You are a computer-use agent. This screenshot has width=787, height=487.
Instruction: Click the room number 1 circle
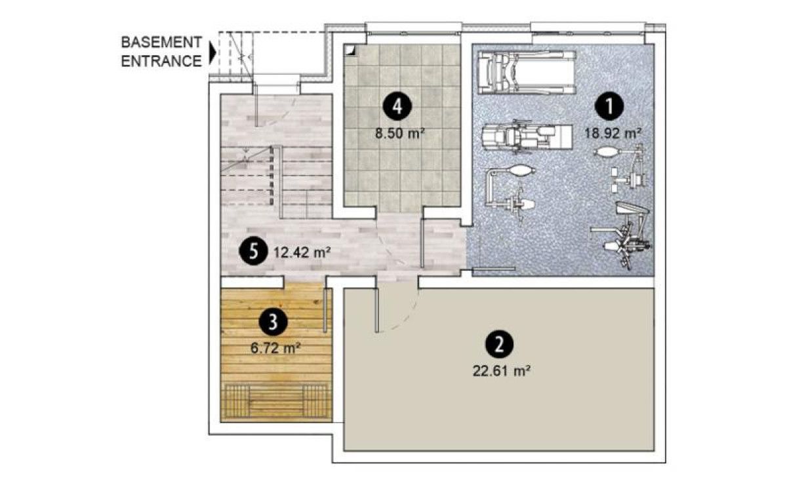(609, 106)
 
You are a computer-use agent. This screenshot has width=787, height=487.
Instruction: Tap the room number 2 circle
(499, 345)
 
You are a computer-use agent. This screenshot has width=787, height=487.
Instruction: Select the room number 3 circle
(273, 322)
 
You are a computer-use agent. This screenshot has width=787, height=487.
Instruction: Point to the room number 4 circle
(397, 107)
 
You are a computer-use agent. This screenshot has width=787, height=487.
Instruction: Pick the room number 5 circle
(253, 252)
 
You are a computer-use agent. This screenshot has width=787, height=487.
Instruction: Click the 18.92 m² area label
(613, 134)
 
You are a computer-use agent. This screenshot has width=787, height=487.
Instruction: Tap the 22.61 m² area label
(501, 371)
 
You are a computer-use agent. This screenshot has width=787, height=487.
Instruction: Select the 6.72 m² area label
(275, 348)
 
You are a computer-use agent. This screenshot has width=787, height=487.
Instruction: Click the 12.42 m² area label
(302, 252)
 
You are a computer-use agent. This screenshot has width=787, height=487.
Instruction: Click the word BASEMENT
(161, 42)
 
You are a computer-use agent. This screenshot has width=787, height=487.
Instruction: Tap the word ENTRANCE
(161, 61)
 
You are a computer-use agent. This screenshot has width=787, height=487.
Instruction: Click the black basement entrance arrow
(212, 52)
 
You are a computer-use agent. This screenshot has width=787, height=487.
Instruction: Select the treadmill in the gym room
(527, 72)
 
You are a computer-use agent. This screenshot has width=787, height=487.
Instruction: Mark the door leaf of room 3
(325, 310)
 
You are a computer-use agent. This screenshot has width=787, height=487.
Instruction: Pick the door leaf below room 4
(422, 243)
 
